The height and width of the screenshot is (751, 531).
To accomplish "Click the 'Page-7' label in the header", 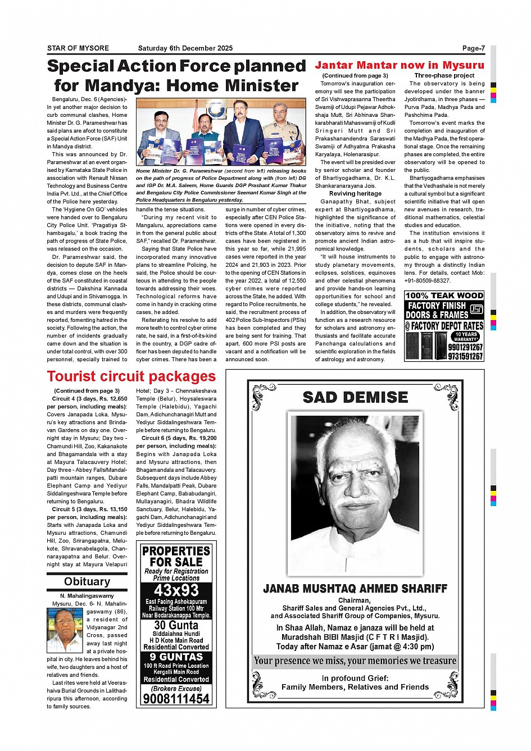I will [473, 48].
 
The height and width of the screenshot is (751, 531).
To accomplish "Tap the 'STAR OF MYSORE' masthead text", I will [78, 48].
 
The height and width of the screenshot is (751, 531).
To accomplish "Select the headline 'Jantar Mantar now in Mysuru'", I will [399, 65].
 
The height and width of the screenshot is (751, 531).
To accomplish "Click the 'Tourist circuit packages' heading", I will [131, 376].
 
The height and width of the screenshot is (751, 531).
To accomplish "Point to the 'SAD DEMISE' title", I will [355, 397].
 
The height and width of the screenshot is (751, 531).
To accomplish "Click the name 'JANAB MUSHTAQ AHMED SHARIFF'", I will [355, 589].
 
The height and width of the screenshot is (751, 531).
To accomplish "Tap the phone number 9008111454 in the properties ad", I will [176, 699].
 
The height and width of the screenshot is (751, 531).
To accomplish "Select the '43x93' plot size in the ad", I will [176, 590].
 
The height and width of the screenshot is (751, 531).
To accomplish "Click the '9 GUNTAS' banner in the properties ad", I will [176, 657].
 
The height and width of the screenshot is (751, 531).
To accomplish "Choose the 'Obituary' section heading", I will [87, 581].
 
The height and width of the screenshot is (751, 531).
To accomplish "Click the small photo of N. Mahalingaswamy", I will [65, 630].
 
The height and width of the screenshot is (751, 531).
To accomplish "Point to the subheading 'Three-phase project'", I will [444, 75].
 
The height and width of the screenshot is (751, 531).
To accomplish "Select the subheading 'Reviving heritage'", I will [355, 193].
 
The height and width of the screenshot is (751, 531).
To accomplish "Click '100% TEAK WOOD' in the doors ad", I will [444, 295].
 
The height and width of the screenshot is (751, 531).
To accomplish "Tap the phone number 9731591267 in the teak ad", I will [465, 356].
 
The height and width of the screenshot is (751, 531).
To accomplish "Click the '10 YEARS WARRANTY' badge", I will [466, 336].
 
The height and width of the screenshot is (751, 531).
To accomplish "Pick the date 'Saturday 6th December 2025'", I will [185, 48].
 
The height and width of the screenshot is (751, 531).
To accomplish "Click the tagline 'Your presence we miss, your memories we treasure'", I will [355, 661].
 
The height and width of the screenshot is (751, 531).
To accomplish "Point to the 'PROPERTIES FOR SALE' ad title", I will [176, 556].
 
